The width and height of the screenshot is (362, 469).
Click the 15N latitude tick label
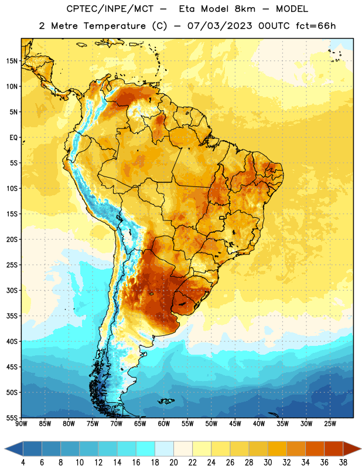(12, 61)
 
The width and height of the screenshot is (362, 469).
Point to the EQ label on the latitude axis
(13, 138)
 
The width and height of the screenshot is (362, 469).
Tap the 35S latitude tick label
(12, 316)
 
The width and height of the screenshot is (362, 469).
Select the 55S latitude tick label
(12, 417)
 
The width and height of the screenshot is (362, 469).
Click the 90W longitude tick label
(21, 424)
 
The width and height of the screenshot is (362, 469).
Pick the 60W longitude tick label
(164, 424)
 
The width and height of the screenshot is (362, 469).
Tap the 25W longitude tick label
(330, 424)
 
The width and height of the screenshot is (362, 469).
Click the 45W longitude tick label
(235, 424)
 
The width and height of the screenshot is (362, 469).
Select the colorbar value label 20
(173, 463)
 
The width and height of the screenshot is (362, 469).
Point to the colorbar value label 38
(343, 463)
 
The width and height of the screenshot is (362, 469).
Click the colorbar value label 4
(23, 463)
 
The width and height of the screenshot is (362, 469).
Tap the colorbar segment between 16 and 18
(146, 448)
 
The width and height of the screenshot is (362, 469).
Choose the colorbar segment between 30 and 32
(277, 448)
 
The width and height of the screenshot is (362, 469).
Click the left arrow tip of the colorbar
(5, 448)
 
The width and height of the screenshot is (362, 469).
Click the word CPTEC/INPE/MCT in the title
(110, 9)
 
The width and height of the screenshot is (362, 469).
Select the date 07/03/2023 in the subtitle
(220, 26)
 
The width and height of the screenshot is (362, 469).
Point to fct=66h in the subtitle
(316, 26)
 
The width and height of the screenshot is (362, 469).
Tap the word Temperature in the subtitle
(114, 26)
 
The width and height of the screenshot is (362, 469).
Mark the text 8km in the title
(245, 9)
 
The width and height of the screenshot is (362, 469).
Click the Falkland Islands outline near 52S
(166, 401)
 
